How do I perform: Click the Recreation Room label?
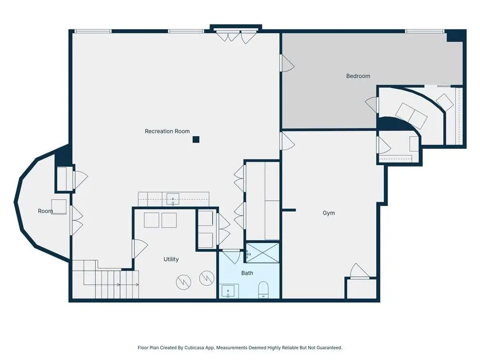pyautogui.click(x=167, y=131)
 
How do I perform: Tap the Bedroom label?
pyautogui.click(x=358, y=76)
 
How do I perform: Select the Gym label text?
pyautogui.click(x=328, y=213)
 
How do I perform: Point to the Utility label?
pyautogui.click(x=171, y=259)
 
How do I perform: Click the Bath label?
pyautogui.click(x=247, y=273)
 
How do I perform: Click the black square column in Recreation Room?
pyautogui.click(x=196, y=139)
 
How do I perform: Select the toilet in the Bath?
pyautogui.click(x=263, y=290)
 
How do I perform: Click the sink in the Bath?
pyautogui.click(x=228, y=291)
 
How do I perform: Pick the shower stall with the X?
pyautogui.click(x=263, y=253)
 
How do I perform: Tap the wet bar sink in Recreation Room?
pyautogui.click(x=173, y=199)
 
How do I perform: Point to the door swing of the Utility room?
pyautogui.click(x=140, y=248)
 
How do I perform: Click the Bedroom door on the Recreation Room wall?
pyautogui.click(x=287, y=64)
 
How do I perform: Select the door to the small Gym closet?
pyautogui.click(x=360, y=271)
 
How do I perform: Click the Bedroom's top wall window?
pyautogui.click(x=425, y=31)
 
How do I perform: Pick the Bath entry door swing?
pyautogui.click(x=231, y=257)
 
